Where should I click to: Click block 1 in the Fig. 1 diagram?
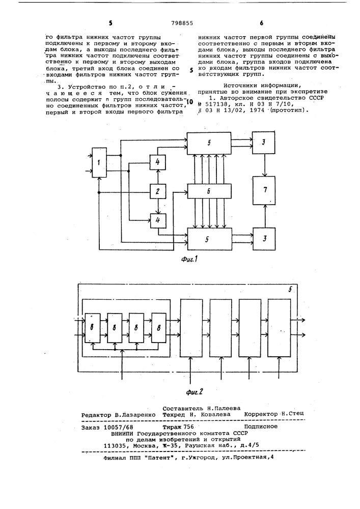[99, 162]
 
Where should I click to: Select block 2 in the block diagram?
[158, 191]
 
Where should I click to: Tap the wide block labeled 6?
[209, 191]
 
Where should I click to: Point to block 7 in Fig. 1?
[265, 190]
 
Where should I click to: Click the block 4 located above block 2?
[158, 162]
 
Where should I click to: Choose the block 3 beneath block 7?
[265, 239]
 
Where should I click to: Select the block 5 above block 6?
[209, 143]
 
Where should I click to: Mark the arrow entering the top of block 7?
[265, 165]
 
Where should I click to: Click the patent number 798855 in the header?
[182, 23]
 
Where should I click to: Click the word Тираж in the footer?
[172, 426]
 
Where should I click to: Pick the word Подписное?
[261, 426]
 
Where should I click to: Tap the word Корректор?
[261, 414]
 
